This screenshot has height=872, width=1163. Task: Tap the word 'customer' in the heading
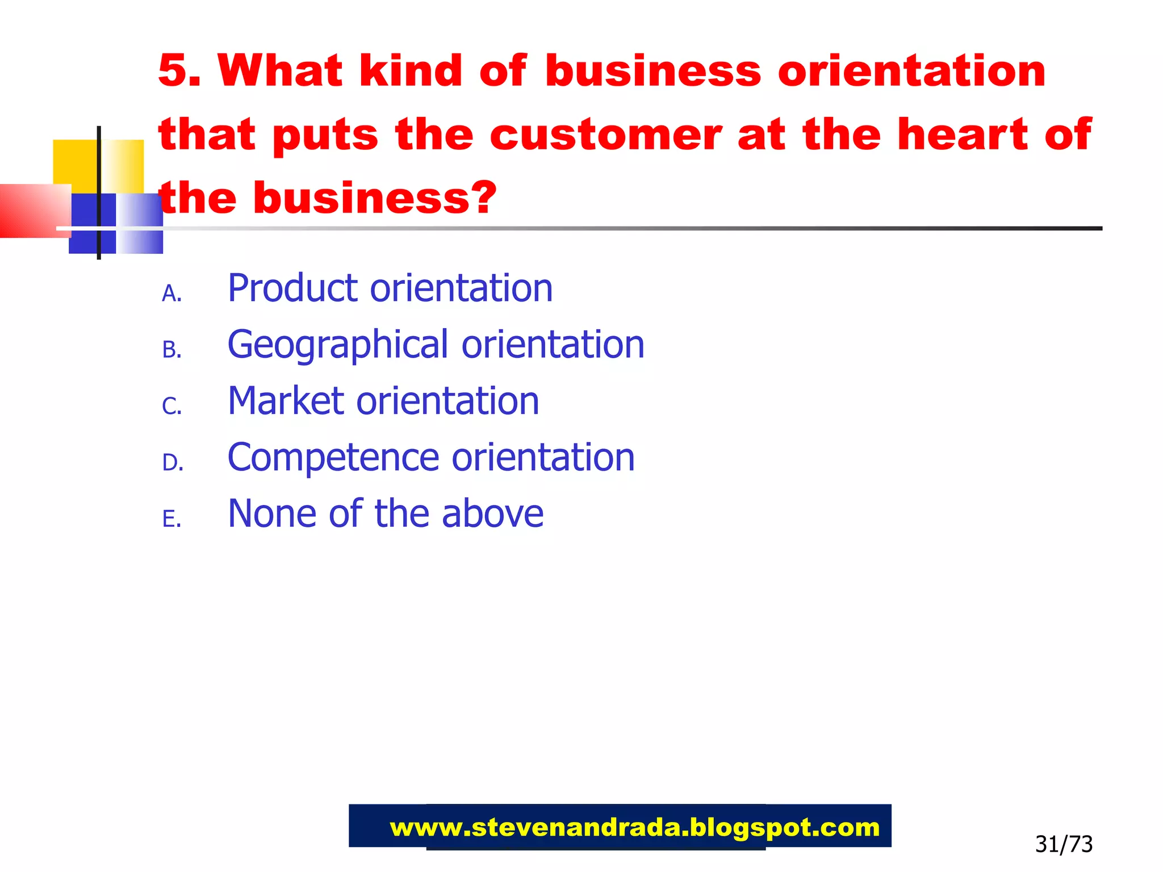(x=605, y=135)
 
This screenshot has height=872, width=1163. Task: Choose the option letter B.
(x=171, y=350)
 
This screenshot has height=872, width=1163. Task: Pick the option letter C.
(x=171, y=406)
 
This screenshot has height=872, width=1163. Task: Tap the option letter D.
(x=172, y=463)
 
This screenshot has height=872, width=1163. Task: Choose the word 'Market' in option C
(x=285, y=401)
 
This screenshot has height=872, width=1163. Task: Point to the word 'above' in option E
(x=492, y=514)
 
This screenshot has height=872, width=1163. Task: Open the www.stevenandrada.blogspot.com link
(x=634, y=828)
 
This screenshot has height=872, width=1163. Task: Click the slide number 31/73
(x=1064, y=844)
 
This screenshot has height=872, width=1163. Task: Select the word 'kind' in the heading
(x=411, y=71)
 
